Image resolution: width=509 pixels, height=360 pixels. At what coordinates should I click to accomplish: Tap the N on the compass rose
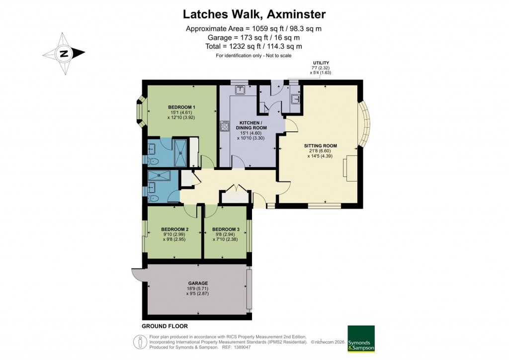64,54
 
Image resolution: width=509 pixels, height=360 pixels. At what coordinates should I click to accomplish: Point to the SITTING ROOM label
321,146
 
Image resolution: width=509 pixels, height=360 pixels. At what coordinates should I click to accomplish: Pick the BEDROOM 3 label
226,229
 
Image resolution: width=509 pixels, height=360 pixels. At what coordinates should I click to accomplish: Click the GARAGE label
198,283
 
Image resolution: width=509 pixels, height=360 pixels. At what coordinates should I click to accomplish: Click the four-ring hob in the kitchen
224,126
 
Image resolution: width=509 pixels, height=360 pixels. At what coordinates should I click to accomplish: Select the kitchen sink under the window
240,90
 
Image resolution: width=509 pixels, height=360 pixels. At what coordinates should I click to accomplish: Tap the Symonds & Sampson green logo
360,339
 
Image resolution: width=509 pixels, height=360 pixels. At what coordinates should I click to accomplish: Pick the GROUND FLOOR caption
165,326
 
